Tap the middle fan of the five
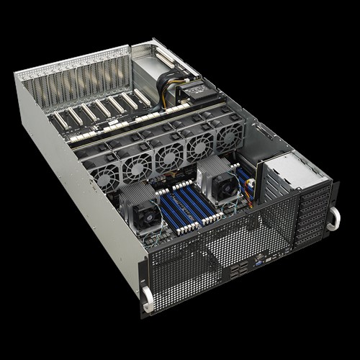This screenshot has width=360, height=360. coord(168,154)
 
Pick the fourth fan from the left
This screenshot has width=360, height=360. coord(199,144)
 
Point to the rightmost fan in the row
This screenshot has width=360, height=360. coord(227,135)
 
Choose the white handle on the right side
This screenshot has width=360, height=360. coord(333,219)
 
